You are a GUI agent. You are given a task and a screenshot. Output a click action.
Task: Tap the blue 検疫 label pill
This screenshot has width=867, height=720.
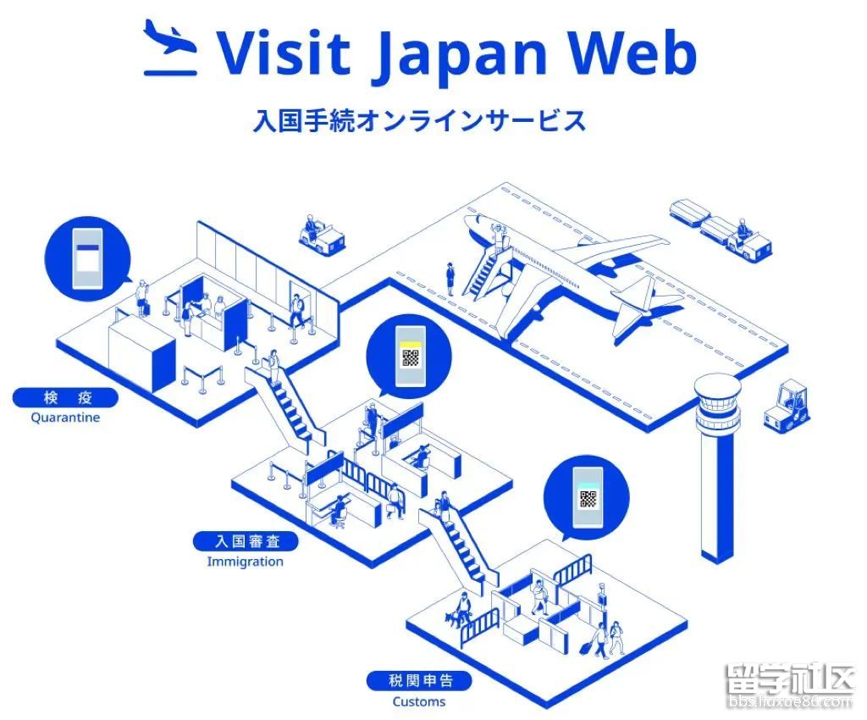65,397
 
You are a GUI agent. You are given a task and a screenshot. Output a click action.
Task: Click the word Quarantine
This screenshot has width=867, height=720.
65,418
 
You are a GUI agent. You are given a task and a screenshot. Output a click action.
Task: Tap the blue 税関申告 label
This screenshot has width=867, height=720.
418,680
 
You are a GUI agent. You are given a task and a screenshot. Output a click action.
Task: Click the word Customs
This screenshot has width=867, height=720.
418,701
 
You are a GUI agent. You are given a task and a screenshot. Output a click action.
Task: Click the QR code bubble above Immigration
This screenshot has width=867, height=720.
410,355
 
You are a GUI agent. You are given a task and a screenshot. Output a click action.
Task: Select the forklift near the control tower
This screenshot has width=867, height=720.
787,407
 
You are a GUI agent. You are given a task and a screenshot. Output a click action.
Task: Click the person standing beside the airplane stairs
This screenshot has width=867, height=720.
450,277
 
